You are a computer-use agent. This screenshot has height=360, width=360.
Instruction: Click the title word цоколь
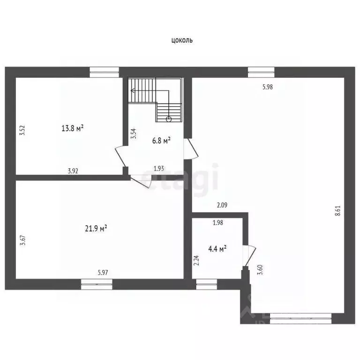182,41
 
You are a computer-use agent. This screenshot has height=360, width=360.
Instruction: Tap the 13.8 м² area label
72,128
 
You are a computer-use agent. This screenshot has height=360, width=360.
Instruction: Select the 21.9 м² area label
96,228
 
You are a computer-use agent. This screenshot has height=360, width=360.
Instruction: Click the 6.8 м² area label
161,141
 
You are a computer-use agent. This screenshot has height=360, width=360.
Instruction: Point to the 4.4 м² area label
217,249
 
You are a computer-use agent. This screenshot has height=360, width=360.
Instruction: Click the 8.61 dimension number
337,210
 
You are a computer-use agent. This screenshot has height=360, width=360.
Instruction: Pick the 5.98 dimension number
268,87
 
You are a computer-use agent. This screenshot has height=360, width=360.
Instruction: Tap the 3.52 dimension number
22,130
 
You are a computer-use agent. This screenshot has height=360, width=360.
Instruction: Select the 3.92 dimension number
73,171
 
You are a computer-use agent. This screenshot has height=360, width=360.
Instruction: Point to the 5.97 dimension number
103,272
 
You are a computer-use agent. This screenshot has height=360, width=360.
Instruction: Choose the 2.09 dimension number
222,205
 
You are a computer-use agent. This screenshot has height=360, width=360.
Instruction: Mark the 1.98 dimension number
218,223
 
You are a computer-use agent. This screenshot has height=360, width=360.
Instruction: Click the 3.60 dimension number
260,270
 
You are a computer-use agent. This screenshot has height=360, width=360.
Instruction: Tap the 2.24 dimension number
196,261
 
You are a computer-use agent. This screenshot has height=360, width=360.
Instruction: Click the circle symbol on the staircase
169,119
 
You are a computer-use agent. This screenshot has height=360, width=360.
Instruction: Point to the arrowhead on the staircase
133,90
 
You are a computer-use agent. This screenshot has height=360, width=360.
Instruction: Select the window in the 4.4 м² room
207,284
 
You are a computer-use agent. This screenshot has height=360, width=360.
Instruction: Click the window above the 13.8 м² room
104,72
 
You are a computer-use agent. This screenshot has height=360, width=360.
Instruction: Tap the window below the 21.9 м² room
97,284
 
